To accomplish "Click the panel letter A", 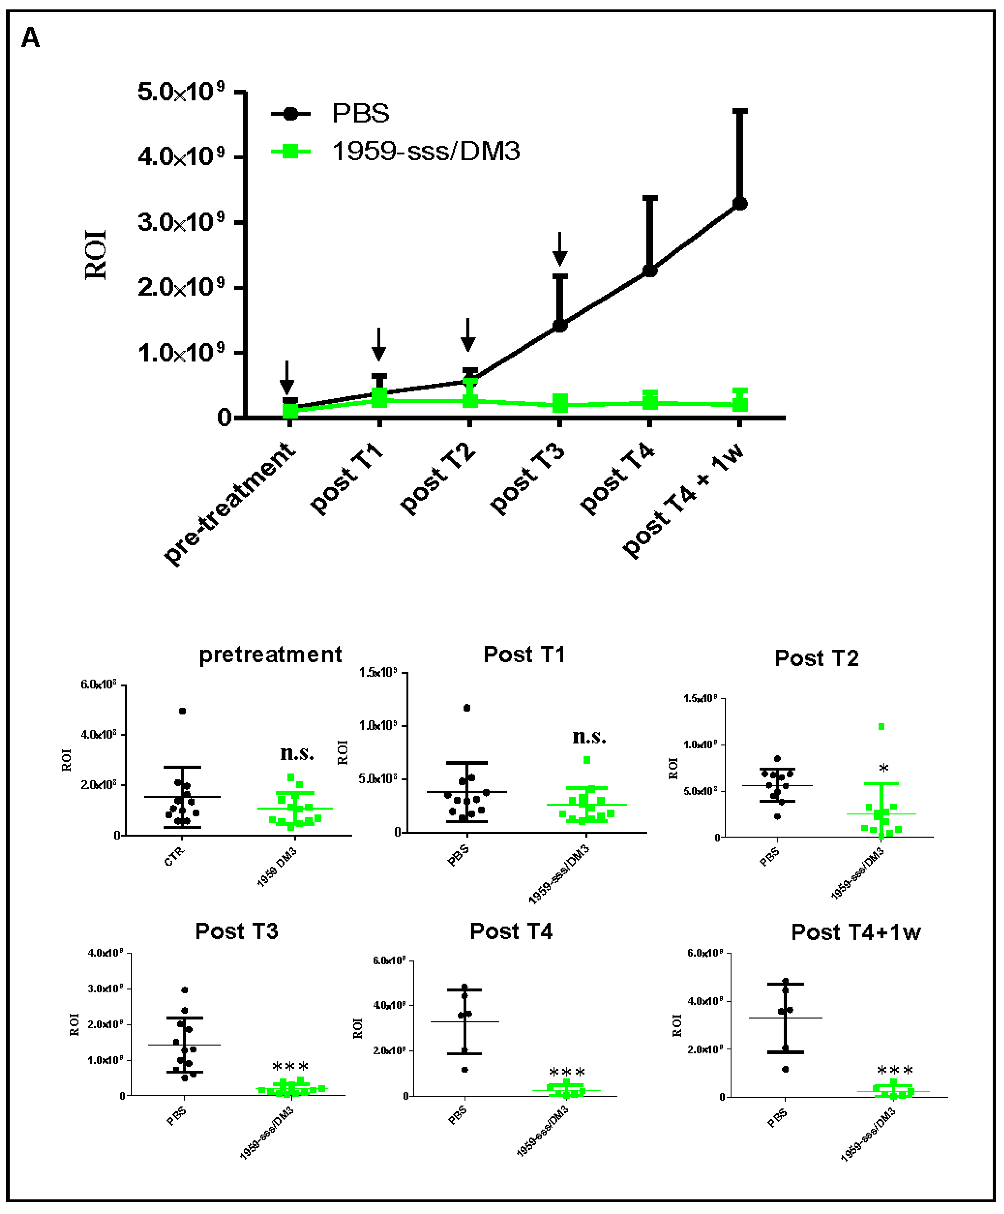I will click(x=30, y=38).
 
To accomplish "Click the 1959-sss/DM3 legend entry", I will click(x=426, y=151).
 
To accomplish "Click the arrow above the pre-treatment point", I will click(x=287, y=379).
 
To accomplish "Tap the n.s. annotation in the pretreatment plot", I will click(x=297, y=753).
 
